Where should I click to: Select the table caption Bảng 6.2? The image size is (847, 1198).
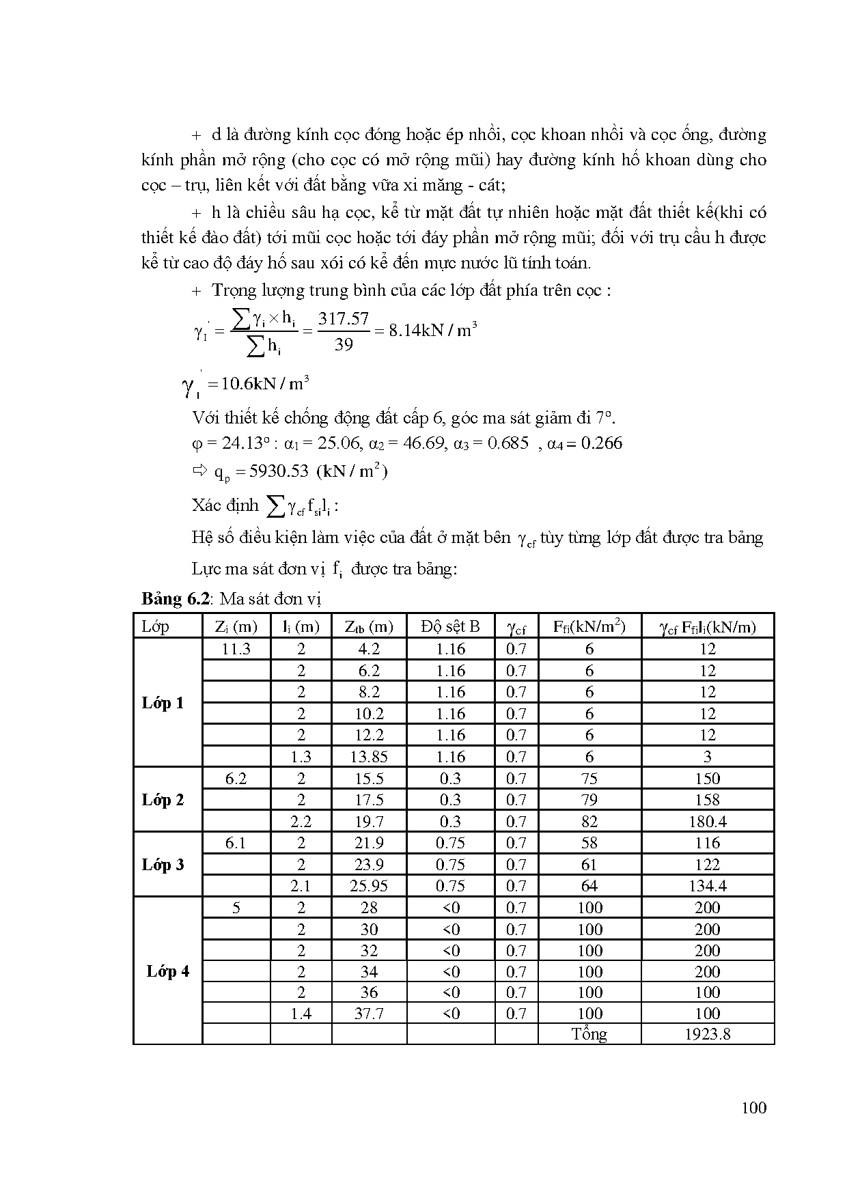[174, 599]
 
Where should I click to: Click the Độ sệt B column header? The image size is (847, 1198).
[450, 626]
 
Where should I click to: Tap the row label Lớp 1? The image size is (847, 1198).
[163, 703]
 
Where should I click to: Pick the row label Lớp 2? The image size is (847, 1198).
[163, 800]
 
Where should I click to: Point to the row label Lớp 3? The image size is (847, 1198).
[163, 865]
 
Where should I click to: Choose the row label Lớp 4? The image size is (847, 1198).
[168, 971]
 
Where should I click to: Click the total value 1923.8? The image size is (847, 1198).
[707, 1034]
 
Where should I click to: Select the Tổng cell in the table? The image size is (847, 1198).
[589, 1034]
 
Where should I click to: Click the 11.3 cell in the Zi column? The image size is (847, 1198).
[236, 649]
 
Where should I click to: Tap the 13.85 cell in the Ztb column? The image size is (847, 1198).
[369, 757]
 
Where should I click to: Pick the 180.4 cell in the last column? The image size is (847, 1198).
[707, 822]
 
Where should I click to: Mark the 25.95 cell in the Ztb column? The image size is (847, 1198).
[369, 886]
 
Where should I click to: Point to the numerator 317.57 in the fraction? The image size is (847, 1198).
[343, 319]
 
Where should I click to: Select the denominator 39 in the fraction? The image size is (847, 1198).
[343, 345]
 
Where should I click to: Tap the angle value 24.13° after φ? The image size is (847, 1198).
[236, 443]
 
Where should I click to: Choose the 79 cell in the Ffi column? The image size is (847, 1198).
[589, 800]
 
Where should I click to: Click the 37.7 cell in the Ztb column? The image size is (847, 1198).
[369, 1014]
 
